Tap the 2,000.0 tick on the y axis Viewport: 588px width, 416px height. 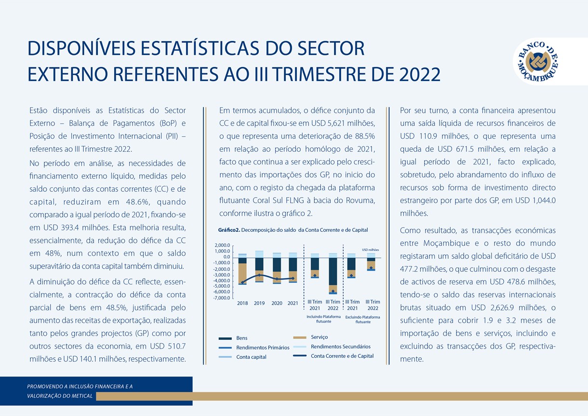click(x=222, y=245)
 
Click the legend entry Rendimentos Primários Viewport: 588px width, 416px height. click(x=263, y=347)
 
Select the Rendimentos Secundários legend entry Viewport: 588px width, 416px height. click(x=340, y=347)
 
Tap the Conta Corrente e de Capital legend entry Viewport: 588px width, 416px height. click(x=342, y=356)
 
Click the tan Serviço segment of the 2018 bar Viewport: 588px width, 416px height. click(x=242, y=273)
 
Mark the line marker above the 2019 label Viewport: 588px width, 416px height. click(x=260, y=275)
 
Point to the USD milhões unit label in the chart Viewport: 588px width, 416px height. click(x=370, y=250)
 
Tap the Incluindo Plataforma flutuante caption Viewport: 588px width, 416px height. click(x=323, y=319)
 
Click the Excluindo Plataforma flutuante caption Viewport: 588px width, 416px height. click(x=363, y=319)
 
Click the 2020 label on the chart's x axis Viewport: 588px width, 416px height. click(x=277, y=304)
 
